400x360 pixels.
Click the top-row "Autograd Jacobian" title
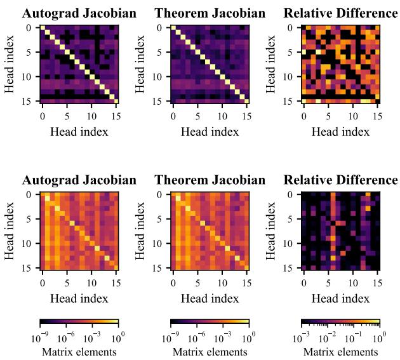pos(79,13)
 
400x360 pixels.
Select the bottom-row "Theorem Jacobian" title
pos(210,180)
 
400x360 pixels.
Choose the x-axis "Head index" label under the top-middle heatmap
pos(210,131)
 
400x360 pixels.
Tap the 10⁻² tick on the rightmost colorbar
pos(328,338)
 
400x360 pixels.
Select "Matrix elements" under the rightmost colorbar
pos(340,351)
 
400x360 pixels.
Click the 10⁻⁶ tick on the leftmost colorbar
pos(67,338)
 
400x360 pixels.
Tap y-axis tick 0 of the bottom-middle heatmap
pos(164,195)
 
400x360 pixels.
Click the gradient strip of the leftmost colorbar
pos(79,322)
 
